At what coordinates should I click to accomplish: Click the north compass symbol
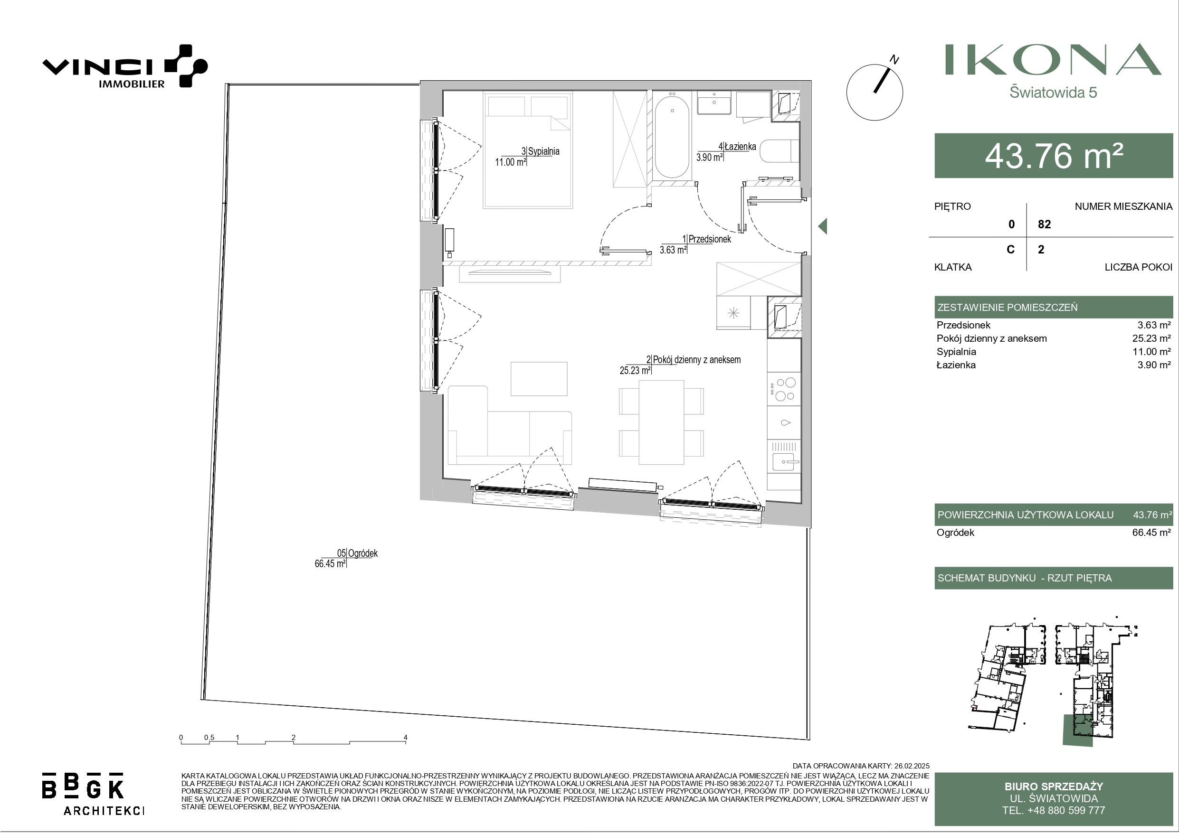point(875,91)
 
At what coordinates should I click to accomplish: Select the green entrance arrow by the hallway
point(822,226)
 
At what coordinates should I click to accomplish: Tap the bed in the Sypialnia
point(527,150)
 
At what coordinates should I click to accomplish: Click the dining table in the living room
point(661,422)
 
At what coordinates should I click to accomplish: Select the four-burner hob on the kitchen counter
point(784,389)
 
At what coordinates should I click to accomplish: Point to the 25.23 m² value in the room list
point(1151,338)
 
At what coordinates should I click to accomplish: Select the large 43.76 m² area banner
point(1054,156)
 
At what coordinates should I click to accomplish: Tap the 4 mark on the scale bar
point(405,738)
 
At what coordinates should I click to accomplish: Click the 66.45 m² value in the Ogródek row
point(1151,532)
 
